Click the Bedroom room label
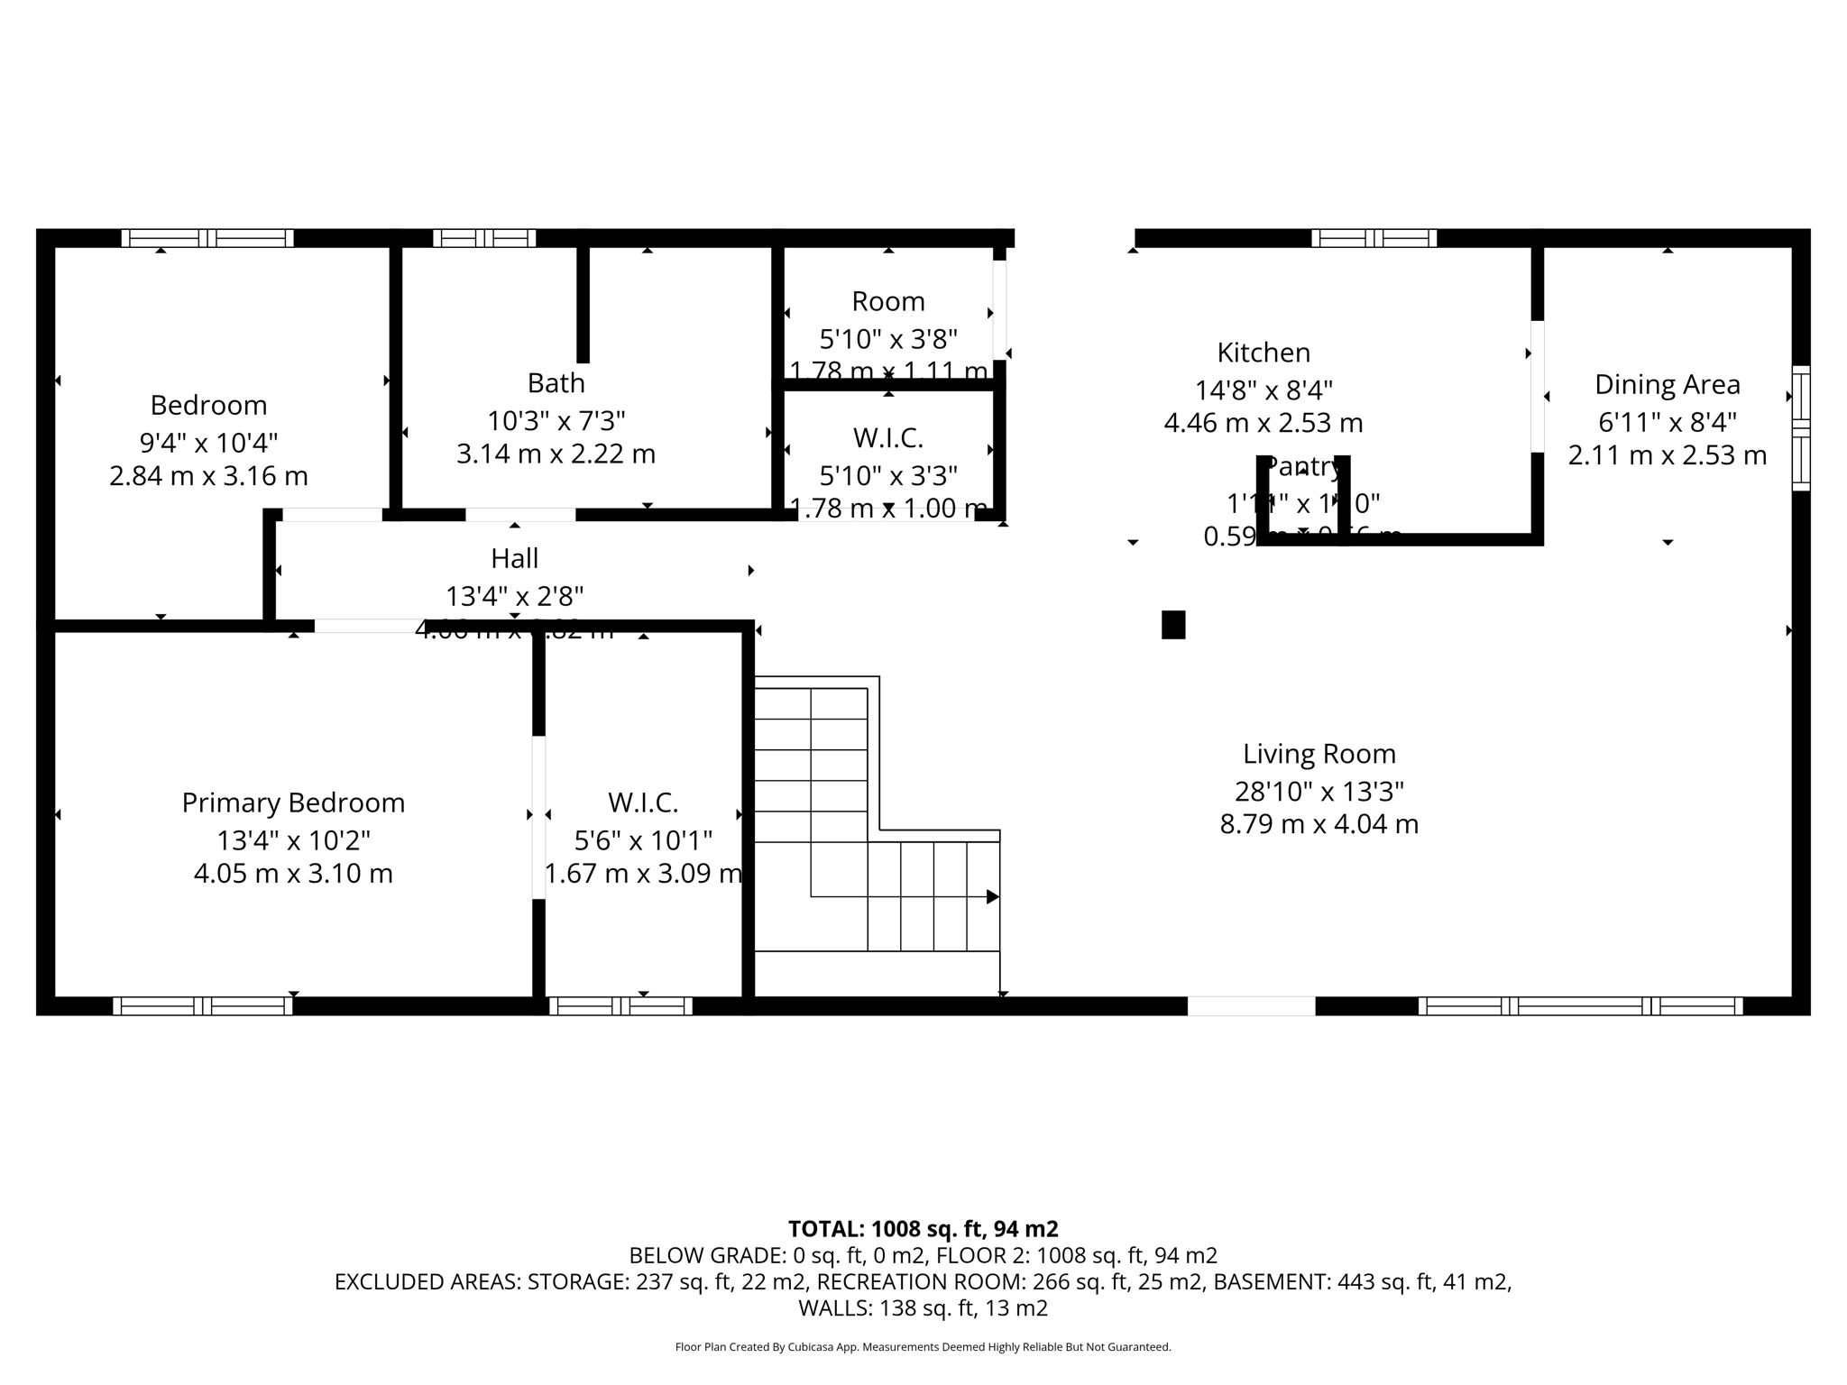pyautogui.click(x=208, y=405)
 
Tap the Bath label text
pyautogui.click(x=556, y=383)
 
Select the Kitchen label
pyautogui.click(x=1263, y=353)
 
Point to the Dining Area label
pyautogui.click(x=1667, y=385)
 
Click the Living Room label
pyautogui.click(x=1319, y=754)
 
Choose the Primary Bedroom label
pyautogui.click(x=293, y=803)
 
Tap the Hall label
pyautogui.click(x=514, y=559)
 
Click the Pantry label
pyautogui.click(x=1303, y=467)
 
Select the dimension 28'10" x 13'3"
pyautogui.click(x=1319, y=792)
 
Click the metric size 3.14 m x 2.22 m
pyautogui.click(x=556, y=454)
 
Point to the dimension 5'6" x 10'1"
pyautogui.click(x=643, y=840)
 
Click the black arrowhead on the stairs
pyautogui.click(x=992, y=896)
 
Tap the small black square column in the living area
pyautogui.click(x=1172, y=624)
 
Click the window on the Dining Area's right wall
pyautogui.click(x=1800, y=427)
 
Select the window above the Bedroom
pyautogui.click(x=207, y=238)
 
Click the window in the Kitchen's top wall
pyautogui.click(x=1374, y=238)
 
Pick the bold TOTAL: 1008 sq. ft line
pyautogui.click(x=923, y=1229)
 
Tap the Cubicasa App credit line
pyautogui.click(x=923, y=1347)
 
